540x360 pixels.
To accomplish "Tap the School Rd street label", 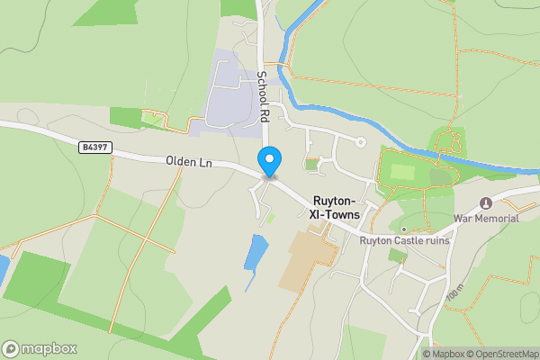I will [263, 96].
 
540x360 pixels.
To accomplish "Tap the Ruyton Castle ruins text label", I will [404, 240].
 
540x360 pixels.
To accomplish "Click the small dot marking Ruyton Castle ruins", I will [404, 229].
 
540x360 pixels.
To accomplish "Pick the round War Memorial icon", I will [487, 202].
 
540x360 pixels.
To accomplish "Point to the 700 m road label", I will [453, 292].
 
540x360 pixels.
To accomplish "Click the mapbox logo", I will [39, 348].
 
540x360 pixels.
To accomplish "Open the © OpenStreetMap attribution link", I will [502, 354].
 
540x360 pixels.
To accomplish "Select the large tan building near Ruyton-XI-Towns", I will [307, 260].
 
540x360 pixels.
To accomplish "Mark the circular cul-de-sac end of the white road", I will [361, 141].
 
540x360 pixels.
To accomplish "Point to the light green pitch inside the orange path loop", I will [403, 171].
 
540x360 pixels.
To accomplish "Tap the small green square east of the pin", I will [312, 165].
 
